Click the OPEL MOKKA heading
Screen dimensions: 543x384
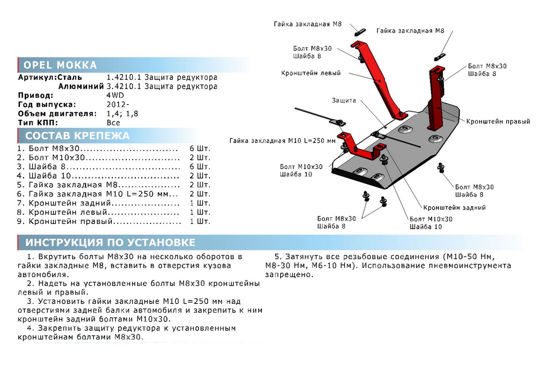(60, 65)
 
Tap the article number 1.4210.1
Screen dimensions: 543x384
(124, 77)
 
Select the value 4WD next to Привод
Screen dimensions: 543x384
(115, 96)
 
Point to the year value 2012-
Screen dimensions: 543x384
(118, 105)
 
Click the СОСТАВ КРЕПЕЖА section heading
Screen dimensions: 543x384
(77, 136)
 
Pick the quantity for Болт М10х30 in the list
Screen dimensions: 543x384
(200, 158)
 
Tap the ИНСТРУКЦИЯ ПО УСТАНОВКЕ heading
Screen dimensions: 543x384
(110, 242)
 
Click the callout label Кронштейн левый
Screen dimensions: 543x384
(311, 73)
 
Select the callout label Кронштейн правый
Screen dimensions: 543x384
(498, 121)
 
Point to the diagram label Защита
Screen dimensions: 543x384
(344, 101)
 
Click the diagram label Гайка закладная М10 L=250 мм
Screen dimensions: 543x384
(282, 141)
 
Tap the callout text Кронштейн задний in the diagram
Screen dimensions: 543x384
(454, 208)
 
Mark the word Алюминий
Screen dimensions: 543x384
(81, 86)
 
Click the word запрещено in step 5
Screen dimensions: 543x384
(289, 275)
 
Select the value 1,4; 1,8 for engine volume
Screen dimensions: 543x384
(122, 114)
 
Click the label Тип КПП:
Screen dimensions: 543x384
(38, 123)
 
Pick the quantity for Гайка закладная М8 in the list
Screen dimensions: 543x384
(200, 185)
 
